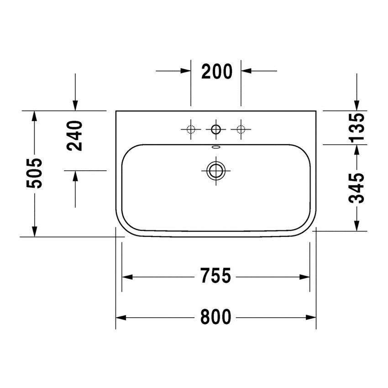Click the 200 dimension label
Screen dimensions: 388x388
coord(216,71)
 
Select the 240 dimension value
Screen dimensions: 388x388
coord(74,136)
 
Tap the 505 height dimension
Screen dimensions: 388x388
coord(34,173)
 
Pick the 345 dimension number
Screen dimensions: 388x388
coord(357,187)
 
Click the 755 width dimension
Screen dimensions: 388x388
coord(215,276)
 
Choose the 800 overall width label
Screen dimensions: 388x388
coord(215,316)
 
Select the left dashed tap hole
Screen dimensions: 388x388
coord(191,130)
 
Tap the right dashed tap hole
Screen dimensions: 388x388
coord(241,130)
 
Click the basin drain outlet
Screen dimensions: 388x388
coord(215,170)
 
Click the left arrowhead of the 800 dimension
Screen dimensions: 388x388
coord(120,317)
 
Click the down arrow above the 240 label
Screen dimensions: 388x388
coord(75,106)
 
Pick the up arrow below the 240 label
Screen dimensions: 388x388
coord(75,176)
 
